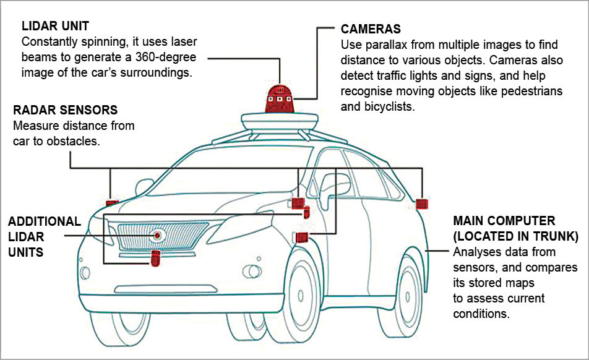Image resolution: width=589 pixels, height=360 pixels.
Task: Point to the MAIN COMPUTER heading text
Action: tap(504, 221)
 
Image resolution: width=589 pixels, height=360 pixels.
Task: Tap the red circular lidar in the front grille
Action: tap(158, 235)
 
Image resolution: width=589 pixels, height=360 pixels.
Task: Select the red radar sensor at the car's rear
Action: tap(423, 203)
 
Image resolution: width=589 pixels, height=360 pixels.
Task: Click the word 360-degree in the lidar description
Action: tap(165, 57)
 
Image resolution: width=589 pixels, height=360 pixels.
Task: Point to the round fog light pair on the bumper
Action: tap(251, 270)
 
